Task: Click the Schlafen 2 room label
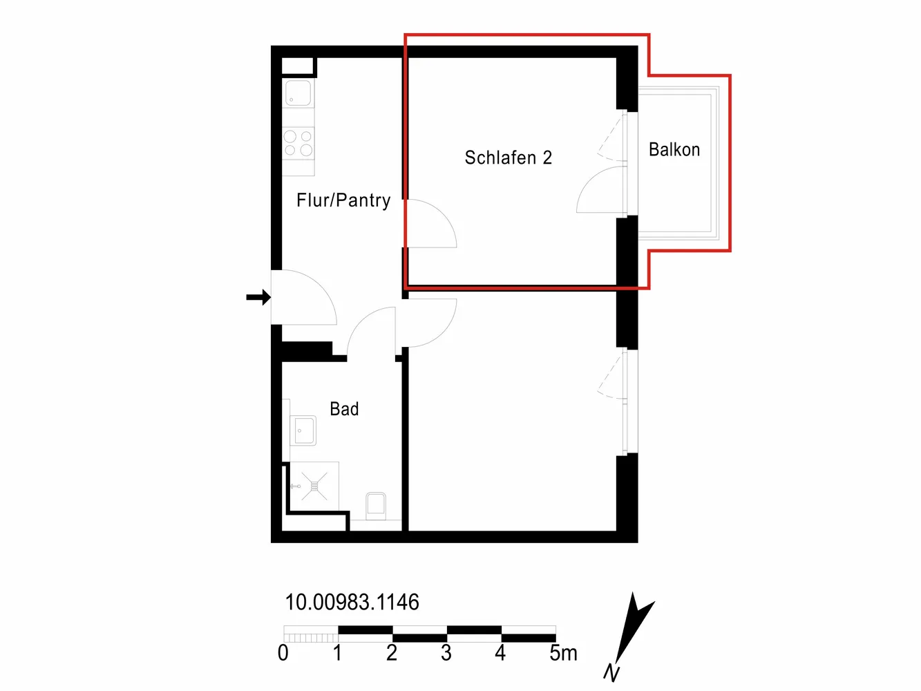(x=508, y=158)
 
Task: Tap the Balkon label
(x=674, y=150)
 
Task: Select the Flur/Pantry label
(x=343, y=200)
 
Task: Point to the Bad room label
(x=344, y=408)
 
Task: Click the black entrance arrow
(x=258, y=297)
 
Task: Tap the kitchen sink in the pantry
(x=298, y=93)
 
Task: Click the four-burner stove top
(x=298, y=142)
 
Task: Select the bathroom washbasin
(x=303, y=430)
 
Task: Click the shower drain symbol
(x=314, y=486)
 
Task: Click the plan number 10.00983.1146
(x=352, y=602)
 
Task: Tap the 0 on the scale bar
(x=283, y=653)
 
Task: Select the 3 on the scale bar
(x=446, y=653)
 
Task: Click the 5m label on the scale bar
(x=564, y=653)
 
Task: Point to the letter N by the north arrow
(x=611, y=673)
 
